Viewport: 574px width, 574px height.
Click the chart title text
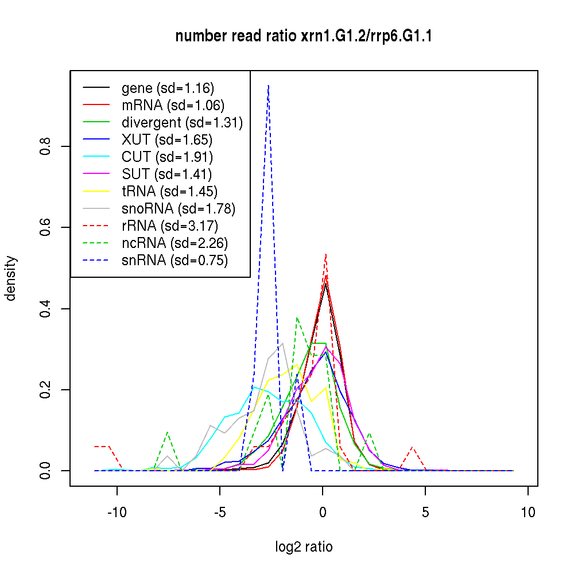[304, 37]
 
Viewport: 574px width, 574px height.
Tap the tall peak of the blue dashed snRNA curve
[268, 86]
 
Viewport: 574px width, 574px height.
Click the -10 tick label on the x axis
[117, 513]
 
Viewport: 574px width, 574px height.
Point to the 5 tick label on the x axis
[425, 513]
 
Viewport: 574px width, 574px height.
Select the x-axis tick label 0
[323, 513]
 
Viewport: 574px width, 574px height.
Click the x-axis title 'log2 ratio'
[304, 547]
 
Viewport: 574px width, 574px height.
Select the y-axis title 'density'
[11, 278]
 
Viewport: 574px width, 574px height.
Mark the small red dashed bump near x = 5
[412, 447]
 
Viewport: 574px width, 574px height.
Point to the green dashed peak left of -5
[167, 433]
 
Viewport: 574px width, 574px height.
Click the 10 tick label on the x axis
[528, 513]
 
